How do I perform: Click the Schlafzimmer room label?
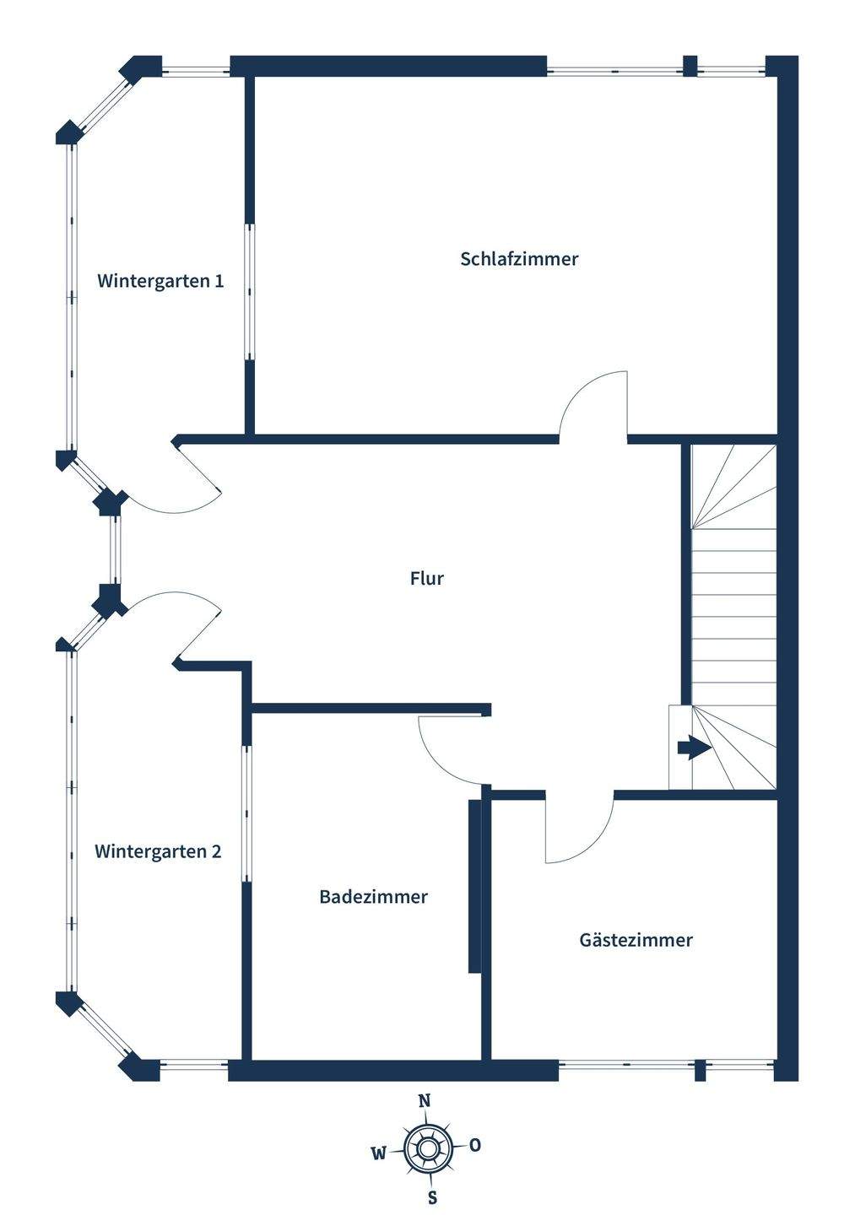click(x=519, y=259)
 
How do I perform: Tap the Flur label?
click(x=426, y=579)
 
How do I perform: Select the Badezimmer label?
click(x=373, y=897)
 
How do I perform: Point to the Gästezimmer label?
click(x=636, y=940)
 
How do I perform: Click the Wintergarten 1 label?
click(x=160, y=281)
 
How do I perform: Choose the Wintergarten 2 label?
click(x=158, y=851)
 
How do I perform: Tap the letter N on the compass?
click(x=425, y=1100)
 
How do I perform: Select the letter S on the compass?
click(x=432, y=1197)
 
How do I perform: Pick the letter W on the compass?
click(x=379, y=1153)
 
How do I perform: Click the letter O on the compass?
click(x=475, y=1145)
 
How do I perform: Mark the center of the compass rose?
click(x=427, y=1148)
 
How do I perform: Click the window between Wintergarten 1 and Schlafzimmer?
click(x=250, y=292)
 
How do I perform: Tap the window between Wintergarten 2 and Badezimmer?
click(x=246, y=813)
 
